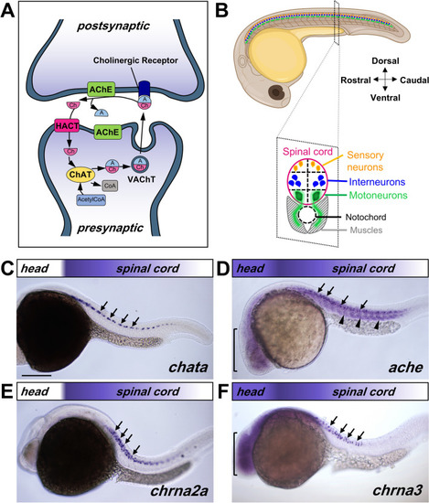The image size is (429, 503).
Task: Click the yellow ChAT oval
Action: (80, 175)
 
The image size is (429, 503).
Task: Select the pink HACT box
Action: (67, 125)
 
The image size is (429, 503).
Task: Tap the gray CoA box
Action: (110, 186)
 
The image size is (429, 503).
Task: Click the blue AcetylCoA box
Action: (91, 200)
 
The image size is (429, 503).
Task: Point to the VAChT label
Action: (141, 179)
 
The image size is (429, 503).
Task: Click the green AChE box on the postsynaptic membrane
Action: (101, 90)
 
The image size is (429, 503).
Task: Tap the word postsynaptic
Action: (113, 26)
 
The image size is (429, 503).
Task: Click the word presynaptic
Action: (110, 228)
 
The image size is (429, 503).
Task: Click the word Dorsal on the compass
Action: (385, 61)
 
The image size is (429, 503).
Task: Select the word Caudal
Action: (414, 80)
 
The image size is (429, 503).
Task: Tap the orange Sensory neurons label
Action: (365, 161)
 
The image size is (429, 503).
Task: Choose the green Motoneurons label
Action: (379, 195)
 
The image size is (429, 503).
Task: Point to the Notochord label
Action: (366, 217)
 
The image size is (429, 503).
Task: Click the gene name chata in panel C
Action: (188, 367)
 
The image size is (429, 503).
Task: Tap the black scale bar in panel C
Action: (37, 375)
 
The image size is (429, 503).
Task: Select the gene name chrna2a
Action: (179, 490)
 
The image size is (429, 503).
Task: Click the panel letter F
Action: (222, 392)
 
